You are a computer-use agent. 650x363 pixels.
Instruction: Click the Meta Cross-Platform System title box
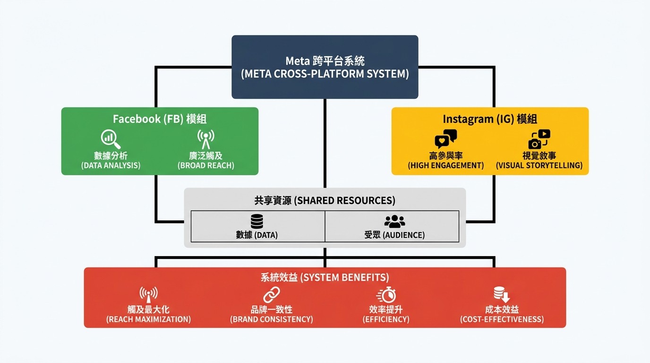(x=325, y=67)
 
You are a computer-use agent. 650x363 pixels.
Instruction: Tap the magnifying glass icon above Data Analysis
(x=111, y=139)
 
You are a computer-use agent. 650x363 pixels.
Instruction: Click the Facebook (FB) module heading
(x=160, y=119)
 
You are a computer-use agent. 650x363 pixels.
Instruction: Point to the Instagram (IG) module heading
(x=490, y=119)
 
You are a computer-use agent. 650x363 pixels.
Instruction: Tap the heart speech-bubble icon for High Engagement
(x=445, y=139)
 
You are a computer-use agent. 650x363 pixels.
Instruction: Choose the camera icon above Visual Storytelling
(x=539, y=139)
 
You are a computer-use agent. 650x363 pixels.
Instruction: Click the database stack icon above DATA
(x=257, y=221)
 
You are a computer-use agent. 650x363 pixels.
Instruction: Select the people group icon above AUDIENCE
(x=394, y=221)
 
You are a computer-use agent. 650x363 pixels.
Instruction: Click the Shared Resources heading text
(x=325, y=200)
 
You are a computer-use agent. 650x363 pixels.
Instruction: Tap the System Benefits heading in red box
(x=325, y=277)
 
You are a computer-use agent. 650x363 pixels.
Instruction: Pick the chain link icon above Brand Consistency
(x=271, y=295)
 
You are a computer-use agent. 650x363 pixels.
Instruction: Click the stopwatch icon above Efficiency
(x=386, y=295)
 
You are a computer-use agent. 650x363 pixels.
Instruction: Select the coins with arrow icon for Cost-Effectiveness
(x=502, y=295)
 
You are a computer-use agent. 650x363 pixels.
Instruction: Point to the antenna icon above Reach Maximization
(x=148, y=295)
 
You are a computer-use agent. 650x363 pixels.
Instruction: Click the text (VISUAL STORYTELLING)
(x=539, y=166)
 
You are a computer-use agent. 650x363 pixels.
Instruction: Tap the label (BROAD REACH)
(x=205, y=166)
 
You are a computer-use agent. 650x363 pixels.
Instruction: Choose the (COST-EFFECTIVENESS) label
(x=502, y=320)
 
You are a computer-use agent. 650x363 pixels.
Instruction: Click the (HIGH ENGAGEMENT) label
(x=445, y=166)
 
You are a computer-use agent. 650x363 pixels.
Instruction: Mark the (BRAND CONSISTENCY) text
(x=271, y=320)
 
